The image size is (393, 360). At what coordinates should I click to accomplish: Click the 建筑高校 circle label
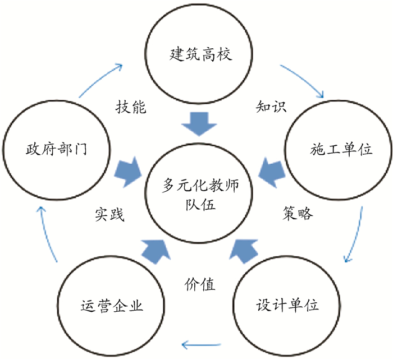pos(200,55)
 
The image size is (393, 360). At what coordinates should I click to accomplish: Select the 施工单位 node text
pos(341,149)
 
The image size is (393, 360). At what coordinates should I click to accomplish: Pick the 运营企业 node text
pos(112,306)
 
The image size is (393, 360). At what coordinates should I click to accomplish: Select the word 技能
pos(131,107)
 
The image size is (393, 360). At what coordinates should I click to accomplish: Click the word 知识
pos(271,107)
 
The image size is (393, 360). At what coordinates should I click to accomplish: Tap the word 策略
pos(298,214)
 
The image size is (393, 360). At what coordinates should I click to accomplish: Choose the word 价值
pos(200,284)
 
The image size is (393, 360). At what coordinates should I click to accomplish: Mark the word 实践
pos(108,214)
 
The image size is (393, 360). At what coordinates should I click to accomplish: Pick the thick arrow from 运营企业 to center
pos(154,250)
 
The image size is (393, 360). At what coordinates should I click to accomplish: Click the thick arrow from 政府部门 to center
pos(129,170)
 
